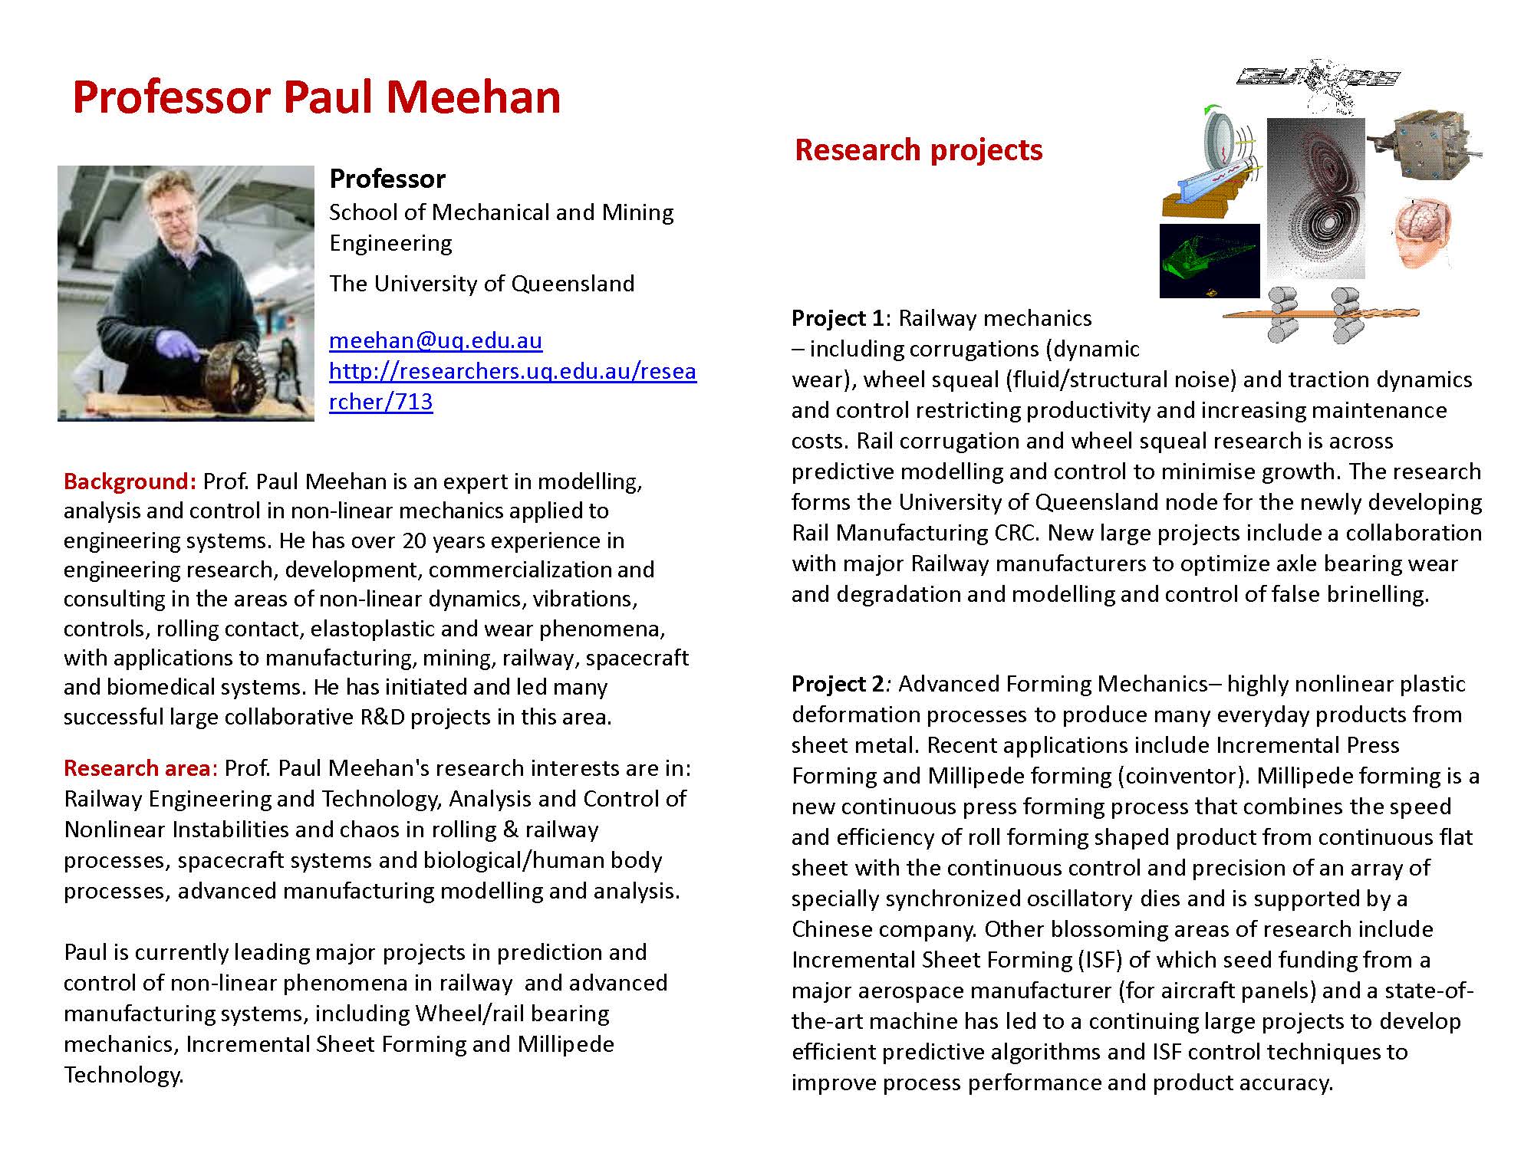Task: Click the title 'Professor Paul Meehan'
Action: tap(316, 97)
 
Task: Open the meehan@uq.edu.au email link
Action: tap(436, 340)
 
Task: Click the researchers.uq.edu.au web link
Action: tap(512, 372)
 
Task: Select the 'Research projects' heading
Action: tap(918, 149)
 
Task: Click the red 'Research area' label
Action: tap(140, 768)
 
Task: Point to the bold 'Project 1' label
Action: tap(837, 318)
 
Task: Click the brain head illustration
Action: tap(1421, 232)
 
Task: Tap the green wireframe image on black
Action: tap(1209, 261)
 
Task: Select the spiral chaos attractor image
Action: tap(1315, 198)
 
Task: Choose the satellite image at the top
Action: tap(1318, 77)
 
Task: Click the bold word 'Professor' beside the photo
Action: tap(387, 179)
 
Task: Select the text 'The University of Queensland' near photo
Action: tap(482, 284)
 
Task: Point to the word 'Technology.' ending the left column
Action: tap(123, 1075)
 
